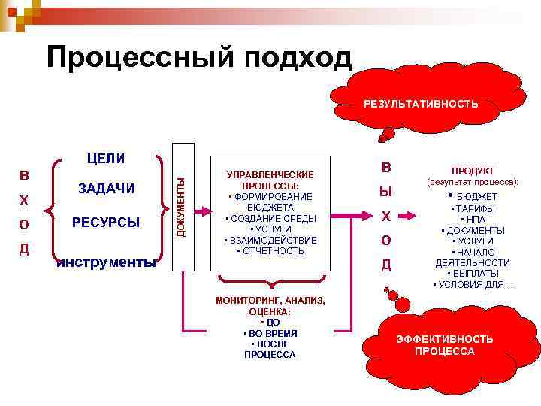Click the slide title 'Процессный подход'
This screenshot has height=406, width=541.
tap(199, 57)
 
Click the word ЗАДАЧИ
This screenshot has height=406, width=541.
tap(107, 189)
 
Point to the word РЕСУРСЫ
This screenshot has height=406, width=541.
tap(106, 222)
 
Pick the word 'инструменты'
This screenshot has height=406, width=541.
tap(107, 262)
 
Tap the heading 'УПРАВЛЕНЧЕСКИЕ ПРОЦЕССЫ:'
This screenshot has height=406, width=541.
tap(270, 180)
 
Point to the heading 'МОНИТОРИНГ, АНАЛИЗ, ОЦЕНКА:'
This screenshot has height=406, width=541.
tap(270, 305)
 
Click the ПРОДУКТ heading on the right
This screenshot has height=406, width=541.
tap(473, 171)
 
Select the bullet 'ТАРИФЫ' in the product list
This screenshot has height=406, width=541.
tap(474, 208)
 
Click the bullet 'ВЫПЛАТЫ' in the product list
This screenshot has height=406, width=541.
tap(474, 274)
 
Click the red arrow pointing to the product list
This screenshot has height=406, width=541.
tap(407, 216)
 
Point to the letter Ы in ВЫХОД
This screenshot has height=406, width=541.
tap(385, 192)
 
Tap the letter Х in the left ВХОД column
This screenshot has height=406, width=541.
tap(24, 201)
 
